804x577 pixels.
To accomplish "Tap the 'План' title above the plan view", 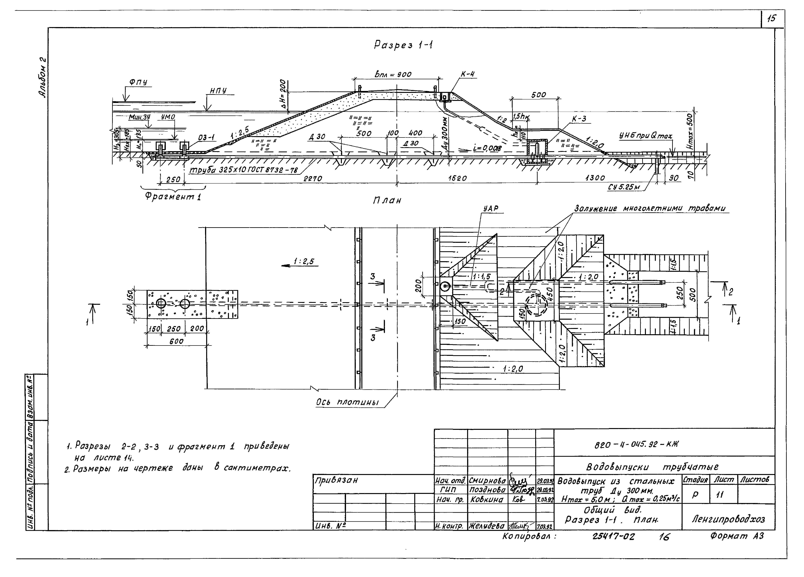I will pyautogui.click(x=387, y=201).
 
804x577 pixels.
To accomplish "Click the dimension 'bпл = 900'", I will pyautogui.click(x=393, y=74).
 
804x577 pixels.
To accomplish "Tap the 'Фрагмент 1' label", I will pyautogui.click(x=173, y=197).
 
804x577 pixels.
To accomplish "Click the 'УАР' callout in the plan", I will pyautogui.click(x=491, y=209).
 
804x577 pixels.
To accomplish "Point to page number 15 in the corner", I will pyautogui.click(x=771, y=19).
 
